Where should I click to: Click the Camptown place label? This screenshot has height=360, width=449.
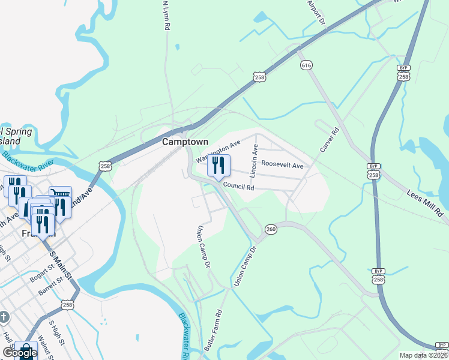coord(185,142)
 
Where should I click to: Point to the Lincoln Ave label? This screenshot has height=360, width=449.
coord(255,161)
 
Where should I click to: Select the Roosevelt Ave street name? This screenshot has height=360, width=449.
coord(283,165)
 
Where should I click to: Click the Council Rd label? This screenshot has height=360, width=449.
coord(239,187)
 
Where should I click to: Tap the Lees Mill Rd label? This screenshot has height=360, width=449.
coord(424,203)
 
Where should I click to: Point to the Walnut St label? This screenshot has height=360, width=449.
coord(43,349)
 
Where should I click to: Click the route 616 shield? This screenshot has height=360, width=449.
coord(307,64)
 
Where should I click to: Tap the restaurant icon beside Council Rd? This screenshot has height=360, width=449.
coord(218,166)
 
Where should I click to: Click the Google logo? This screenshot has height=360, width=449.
coord(19,353)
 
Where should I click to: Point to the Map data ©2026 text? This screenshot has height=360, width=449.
coord(424,355)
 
